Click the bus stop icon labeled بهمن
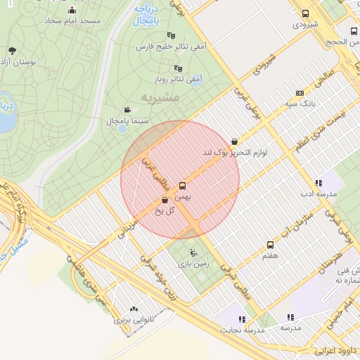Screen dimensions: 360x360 pyautogui.click(x=183, y=186)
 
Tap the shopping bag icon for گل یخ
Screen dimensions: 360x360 pyautogui.click(x=165, y=200)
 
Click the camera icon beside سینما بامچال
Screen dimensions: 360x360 pyautogui.click(x=127, y=110)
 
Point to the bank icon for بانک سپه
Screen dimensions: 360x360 pyautogui.click(x=300, y=93)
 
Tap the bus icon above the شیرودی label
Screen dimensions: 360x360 pyautogui.click(x=305, y=13)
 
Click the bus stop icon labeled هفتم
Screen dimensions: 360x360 pyautogui.click(x=270, y=245)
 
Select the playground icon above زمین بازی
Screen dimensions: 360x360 pyautogui.click(x=193, y=252)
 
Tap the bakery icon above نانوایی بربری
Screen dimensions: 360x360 pyautogui.click(x=134, y=309)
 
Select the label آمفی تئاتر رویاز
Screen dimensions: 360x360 pyautogui.click(x=179, y=79)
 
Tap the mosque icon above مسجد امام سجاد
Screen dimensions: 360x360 pyautogui.click(x=72, y=10)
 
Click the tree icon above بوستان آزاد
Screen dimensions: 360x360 pyautogui.click(x=13, y=50)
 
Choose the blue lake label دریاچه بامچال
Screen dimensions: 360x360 pyautogui.click(x=148, y=15)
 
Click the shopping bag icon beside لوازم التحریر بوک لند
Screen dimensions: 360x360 pyautogui.click(x=234, y=141)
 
